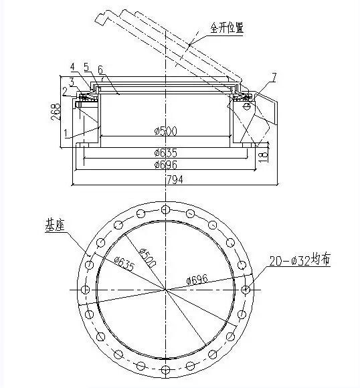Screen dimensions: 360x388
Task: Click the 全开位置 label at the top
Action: (227, 27)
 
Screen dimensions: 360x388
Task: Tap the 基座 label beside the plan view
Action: (55, 225)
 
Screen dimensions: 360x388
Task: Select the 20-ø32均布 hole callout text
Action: (300, 260)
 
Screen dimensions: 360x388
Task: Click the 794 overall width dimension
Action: (175, 180)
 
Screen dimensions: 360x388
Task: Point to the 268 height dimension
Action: (56, 112)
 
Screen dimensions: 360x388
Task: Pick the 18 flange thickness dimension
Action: (264, 155)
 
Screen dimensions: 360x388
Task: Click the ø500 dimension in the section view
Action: (166, 131)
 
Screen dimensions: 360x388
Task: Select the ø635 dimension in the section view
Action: (166, 153)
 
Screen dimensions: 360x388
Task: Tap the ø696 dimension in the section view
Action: (166, 165)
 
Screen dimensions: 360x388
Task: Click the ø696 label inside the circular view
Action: (197, 280)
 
